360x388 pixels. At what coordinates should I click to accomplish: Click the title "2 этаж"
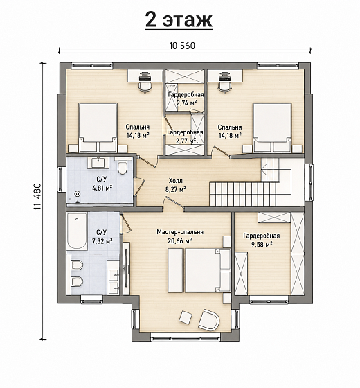(x=179, y=20)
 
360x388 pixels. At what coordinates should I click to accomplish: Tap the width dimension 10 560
(x=183, y=46)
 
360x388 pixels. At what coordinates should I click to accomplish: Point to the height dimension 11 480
(x=37, y=197)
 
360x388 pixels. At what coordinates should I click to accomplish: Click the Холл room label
(x=176, y=180)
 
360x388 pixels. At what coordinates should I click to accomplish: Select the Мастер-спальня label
(x=180, y=232)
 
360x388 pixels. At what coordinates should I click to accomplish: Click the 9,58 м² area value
(x=262, y=245)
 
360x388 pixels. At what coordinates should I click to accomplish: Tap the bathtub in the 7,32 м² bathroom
(x=77, y=231)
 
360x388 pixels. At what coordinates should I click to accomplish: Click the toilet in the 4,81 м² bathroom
(x=122, y=167)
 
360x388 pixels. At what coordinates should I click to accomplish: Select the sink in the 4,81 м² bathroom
(x=98, y=163)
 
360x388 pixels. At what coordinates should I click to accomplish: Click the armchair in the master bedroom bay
(x=209, y=319)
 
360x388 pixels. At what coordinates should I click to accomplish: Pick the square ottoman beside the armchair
(x=186, y=317)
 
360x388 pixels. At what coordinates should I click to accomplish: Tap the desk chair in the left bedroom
(x=145, y=87)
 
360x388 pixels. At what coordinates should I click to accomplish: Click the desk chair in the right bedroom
(x=224, y=87)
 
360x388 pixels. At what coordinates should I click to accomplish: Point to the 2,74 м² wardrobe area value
(x=187, y=103)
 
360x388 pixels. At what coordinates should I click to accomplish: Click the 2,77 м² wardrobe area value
(x=186, y=141)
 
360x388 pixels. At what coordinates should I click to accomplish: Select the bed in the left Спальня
(x=98, y=127)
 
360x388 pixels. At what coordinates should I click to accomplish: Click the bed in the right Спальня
(x=272, y=127)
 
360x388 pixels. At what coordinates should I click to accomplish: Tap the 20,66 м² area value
(x=180, y=240)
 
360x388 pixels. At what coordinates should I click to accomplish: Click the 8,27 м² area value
(x=176, y=189)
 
